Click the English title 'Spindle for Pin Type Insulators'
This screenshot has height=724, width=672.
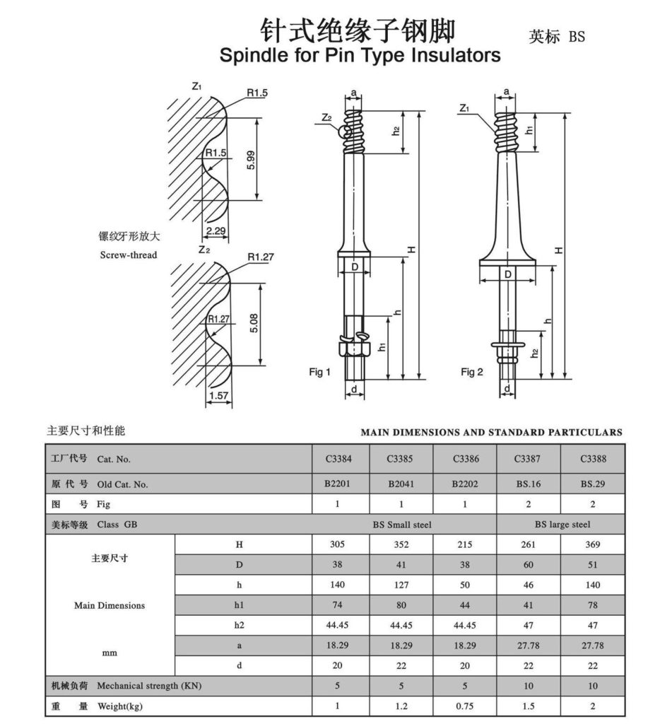pos(360,56)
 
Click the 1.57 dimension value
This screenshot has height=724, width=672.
pos(218,396)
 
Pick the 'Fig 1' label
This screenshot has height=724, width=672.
pos(319,372)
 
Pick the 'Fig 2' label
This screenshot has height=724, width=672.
pos(471,372)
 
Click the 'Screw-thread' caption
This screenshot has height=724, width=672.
pos(128,255)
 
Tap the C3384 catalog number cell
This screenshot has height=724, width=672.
pos(338,459)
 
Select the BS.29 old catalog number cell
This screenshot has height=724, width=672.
pos(592,484)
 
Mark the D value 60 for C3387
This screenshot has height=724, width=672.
pos(528,565)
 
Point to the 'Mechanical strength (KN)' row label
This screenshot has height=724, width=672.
pos(148,686)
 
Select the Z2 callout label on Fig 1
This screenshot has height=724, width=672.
pos(326,118)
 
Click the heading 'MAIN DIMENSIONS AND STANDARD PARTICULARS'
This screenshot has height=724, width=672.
pos(491,431)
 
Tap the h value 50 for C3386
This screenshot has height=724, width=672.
pos(466,585)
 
